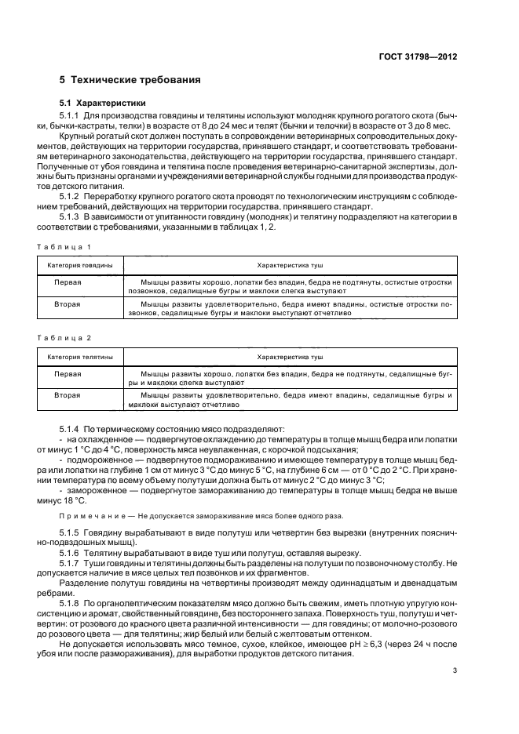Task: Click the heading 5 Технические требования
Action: [x=129, y=80]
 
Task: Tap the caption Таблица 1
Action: [x=65, y=246]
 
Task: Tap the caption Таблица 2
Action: [x=65, y=337]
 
